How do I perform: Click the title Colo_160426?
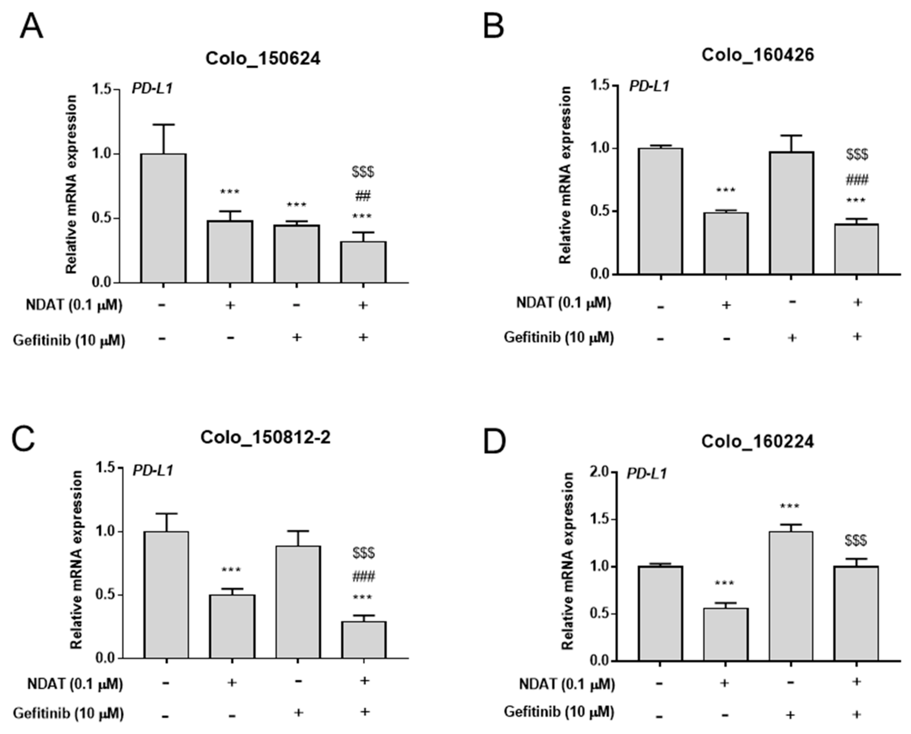(x=757, y=55)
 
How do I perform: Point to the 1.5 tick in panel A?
(x=101, y=89)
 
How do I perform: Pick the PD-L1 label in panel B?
(x=649, y=86)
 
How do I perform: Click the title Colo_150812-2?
(x=265, y=437)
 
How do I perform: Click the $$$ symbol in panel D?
(x=856, y=540)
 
